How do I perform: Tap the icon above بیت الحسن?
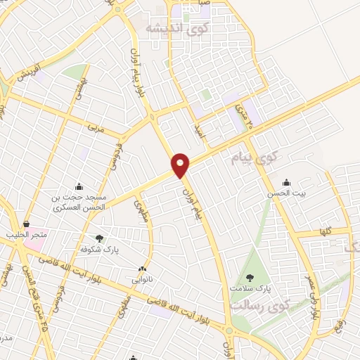click(285, 182)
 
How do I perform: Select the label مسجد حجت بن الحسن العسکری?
click(79, 202)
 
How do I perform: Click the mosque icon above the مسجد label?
click(79, 186)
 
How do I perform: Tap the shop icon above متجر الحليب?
click(26, 224)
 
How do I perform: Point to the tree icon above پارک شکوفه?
click(98, 238)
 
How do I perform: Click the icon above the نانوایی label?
click(143, 269)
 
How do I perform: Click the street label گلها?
click(324, 231)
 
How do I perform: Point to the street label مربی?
click(96, 130)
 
